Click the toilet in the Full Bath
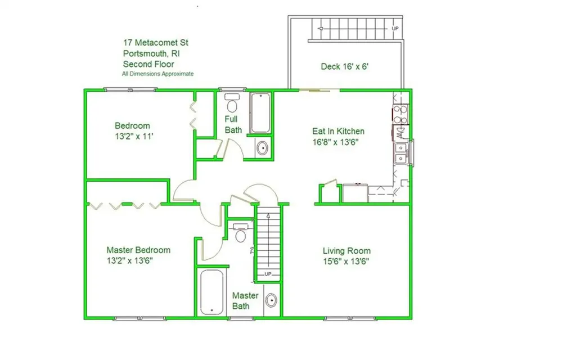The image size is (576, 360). point(232,103)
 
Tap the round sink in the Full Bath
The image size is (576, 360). point(262,148)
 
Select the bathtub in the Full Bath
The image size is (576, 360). point(260,113)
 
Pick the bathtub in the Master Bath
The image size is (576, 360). point(212,292)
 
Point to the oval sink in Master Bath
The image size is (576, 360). point(271,300)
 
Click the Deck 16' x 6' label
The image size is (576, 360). point(345,66)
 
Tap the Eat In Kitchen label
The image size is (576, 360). point(338,131)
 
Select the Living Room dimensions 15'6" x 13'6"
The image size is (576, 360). point(346,262)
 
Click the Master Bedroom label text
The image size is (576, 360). point(138,250)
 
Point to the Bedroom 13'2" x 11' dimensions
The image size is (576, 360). point(134,136)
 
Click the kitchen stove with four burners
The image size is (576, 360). point(400,114)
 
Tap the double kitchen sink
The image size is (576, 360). point(400,153)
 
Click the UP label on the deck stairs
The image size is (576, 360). point(395,28)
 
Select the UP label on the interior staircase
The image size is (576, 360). point(268,274)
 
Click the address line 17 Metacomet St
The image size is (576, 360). point(156,43)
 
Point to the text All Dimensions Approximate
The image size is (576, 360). point(158,74)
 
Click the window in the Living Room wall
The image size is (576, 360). point(350,318)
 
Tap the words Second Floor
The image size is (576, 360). point(148,64)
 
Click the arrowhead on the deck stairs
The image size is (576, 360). point(320,28)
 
